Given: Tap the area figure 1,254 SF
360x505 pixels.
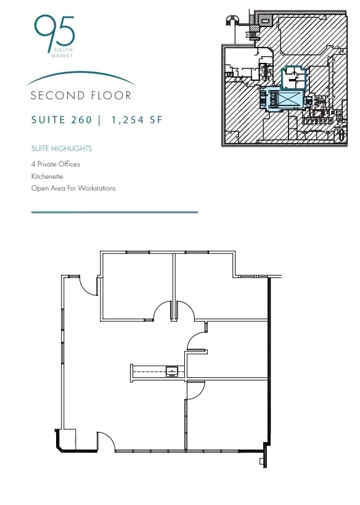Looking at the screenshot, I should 137,120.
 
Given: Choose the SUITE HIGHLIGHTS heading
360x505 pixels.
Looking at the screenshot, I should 62,149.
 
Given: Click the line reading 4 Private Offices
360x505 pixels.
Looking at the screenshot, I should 55,164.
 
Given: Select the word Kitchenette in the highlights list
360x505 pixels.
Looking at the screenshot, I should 47,176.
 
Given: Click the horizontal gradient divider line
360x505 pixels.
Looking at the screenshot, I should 114,212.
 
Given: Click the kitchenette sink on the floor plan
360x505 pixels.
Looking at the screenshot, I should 172,371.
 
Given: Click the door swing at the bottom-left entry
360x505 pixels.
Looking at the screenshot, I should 105,441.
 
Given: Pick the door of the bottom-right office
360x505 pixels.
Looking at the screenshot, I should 195,390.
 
